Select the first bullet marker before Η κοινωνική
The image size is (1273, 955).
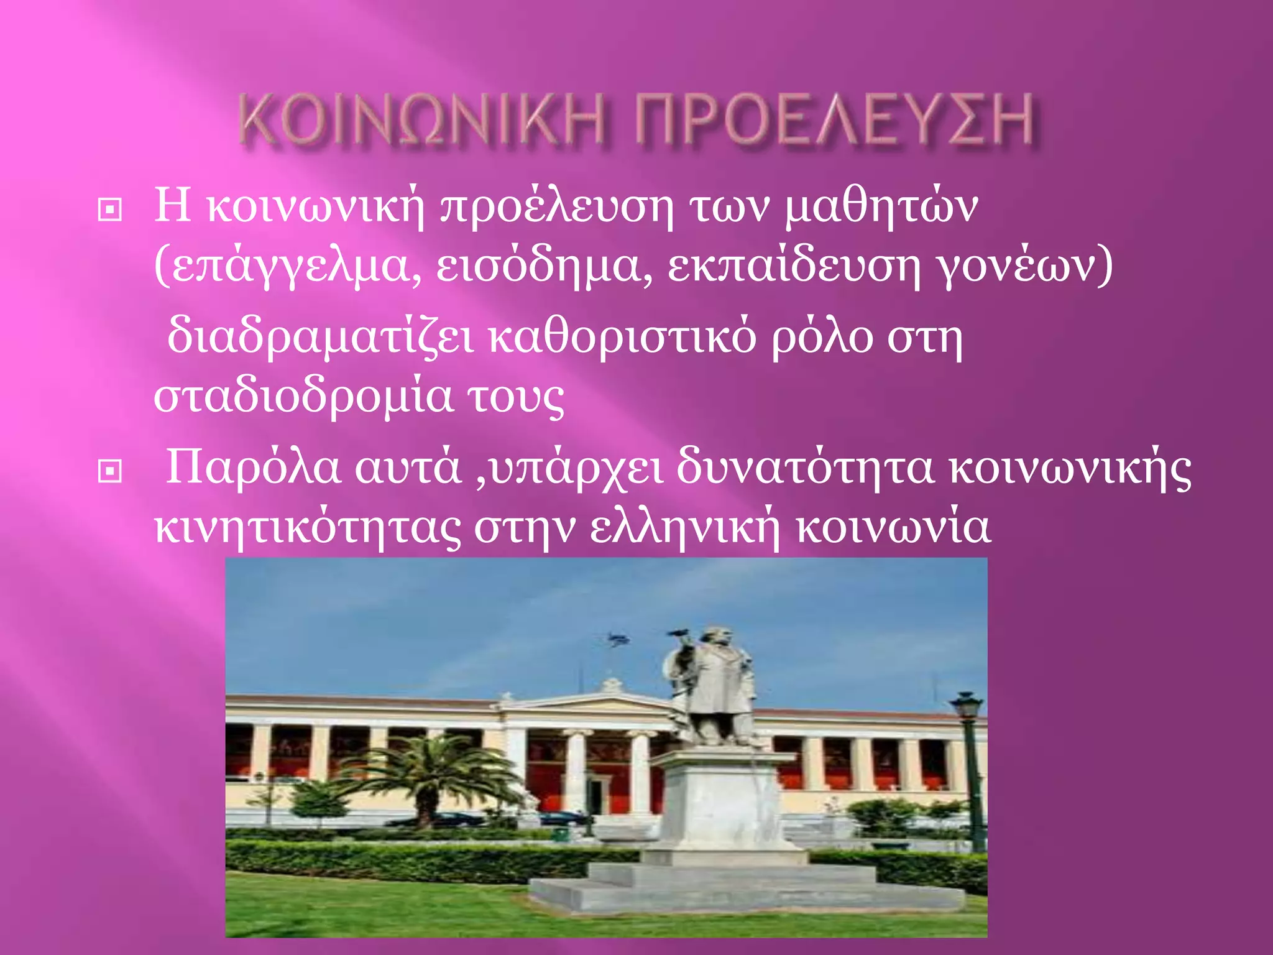(x=110, y=210)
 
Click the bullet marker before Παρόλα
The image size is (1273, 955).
(x=110, y=472)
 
